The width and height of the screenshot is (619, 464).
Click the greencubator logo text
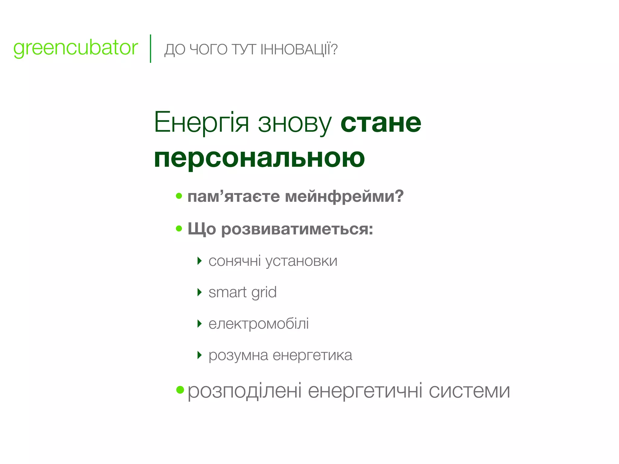[76, 48]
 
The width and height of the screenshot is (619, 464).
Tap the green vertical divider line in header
[151, 49]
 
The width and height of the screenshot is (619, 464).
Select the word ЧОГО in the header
[208, 50]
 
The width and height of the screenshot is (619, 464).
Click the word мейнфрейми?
[344, 196]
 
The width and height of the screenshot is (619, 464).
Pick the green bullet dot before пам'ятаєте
[179, 196]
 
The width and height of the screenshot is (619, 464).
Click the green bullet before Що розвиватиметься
[179, 228]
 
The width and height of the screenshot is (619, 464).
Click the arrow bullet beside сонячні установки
[199, 261]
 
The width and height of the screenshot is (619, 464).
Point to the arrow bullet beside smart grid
[199, 292]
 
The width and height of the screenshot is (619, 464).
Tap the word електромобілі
[258, 324]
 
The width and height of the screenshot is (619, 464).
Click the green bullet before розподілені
[180, 390]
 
